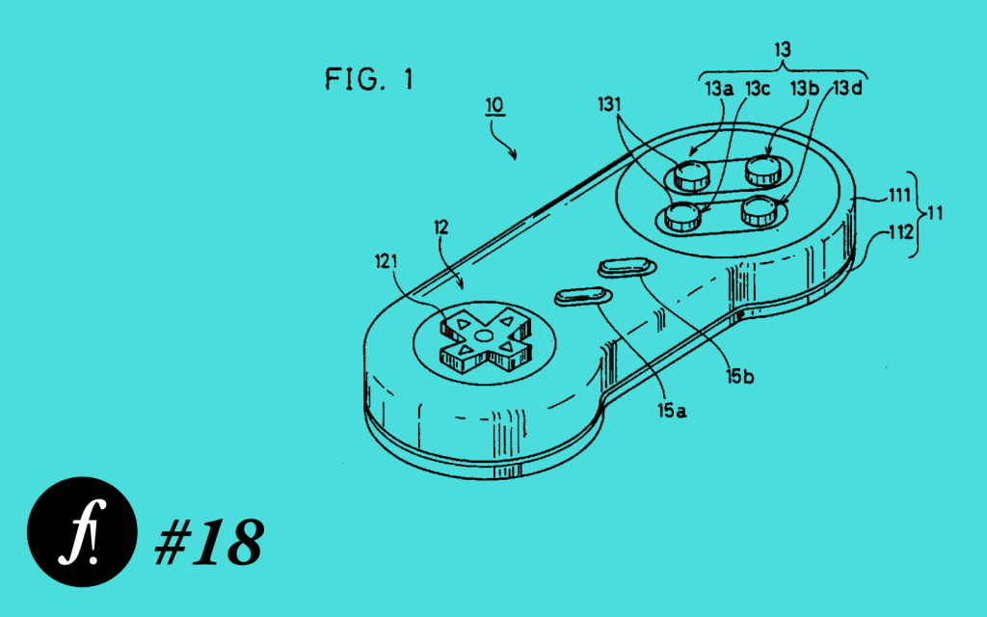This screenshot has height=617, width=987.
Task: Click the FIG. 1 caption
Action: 369,79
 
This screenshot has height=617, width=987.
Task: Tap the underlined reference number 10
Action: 494,105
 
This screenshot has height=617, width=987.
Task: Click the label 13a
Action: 719,89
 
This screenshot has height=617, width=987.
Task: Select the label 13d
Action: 847,88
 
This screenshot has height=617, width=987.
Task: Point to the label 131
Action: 609,104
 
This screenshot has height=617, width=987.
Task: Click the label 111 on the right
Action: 899,196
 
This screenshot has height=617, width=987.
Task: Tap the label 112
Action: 901,233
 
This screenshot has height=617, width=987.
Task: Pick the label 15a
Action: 672,411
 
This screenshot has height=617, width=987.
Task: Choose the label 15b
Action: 739,377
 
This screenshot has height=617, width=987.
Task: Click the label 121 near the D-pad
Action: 386,260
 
